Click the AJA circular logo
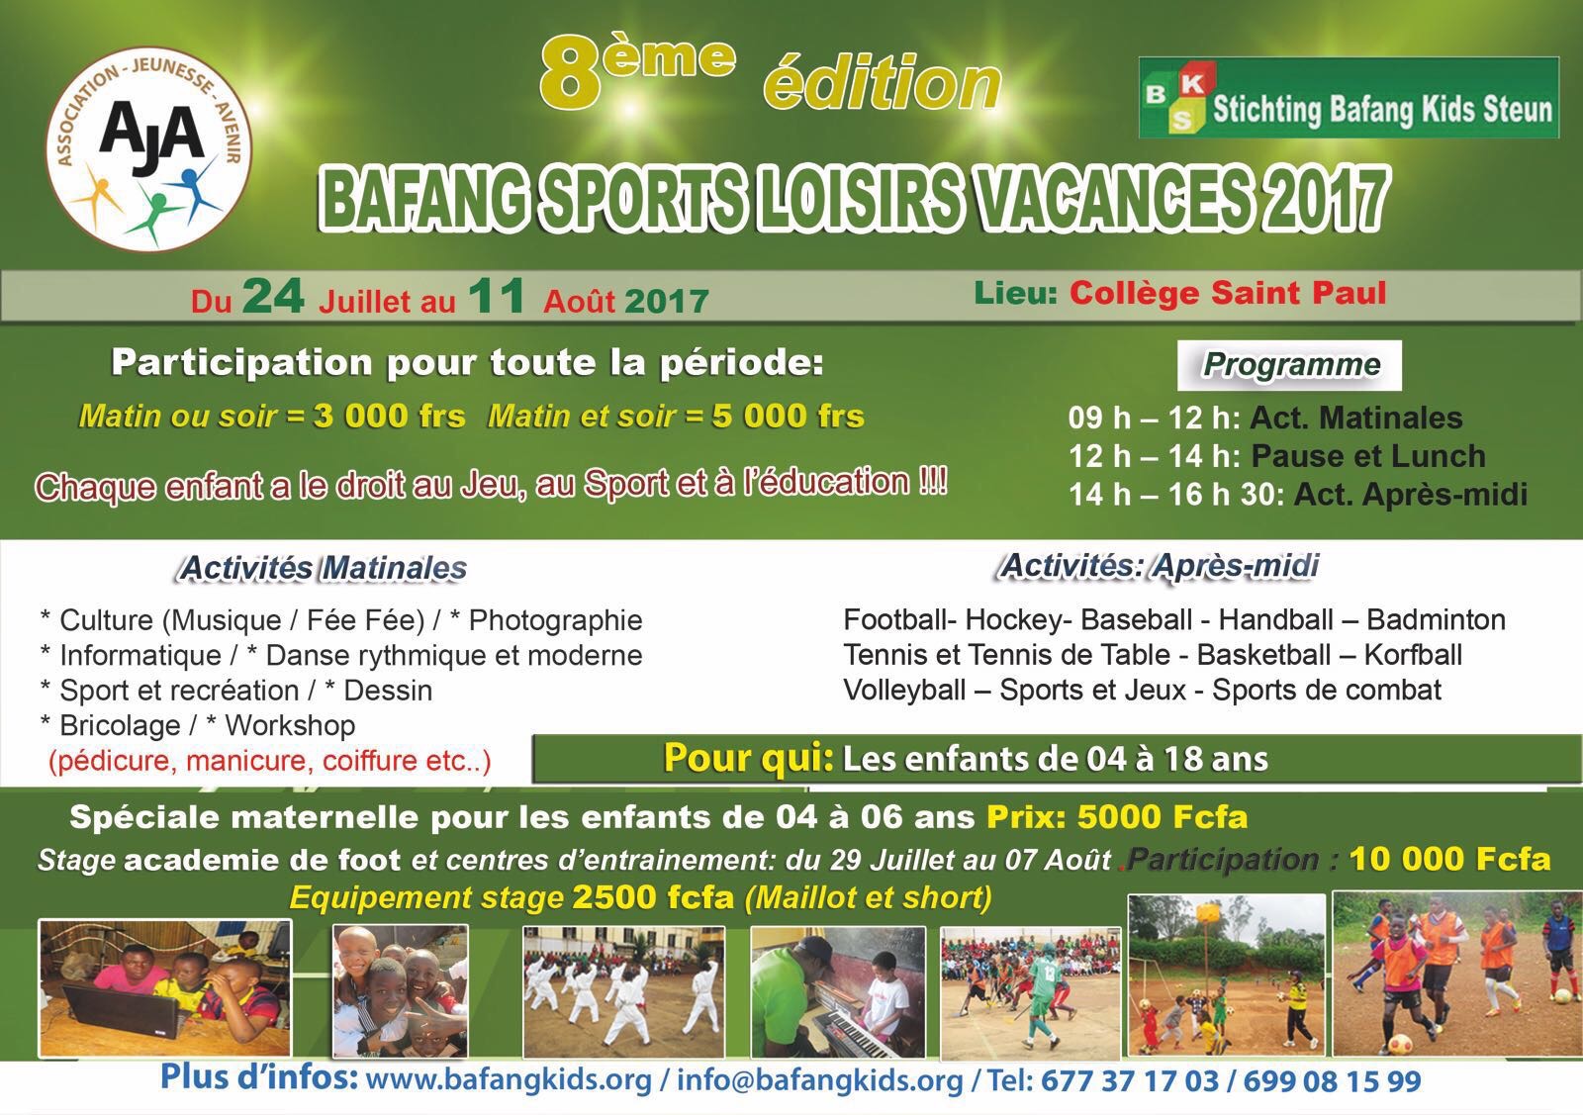(x=149, y=148)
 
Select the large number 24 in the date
(x=273, y=296)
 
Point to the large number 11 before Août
(x=496, y=296)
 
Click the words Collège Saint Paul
(x=1228, y=293)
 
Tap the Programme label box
(x=1289, y=365)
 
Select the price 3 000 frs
(x=390, y=417)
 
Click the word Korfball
(x=1413, y=654)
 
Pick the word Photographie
(x=555, y=620)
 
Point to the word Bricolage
(x=120, y=725)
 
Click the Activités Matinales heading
(x=323, y=568)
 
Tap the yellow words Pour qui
(x=748, y=758)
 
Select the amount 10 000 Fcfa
(x=1449, y=859)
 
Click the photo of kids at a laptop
(x=164, y=987)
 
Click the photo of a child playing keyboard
(x=838, y=992)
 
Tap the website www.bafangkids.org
(x=509, y=1081)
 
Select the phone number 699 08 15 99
(x=1332, y=1081)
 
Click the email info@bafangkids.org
(x=820, y=1081)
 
